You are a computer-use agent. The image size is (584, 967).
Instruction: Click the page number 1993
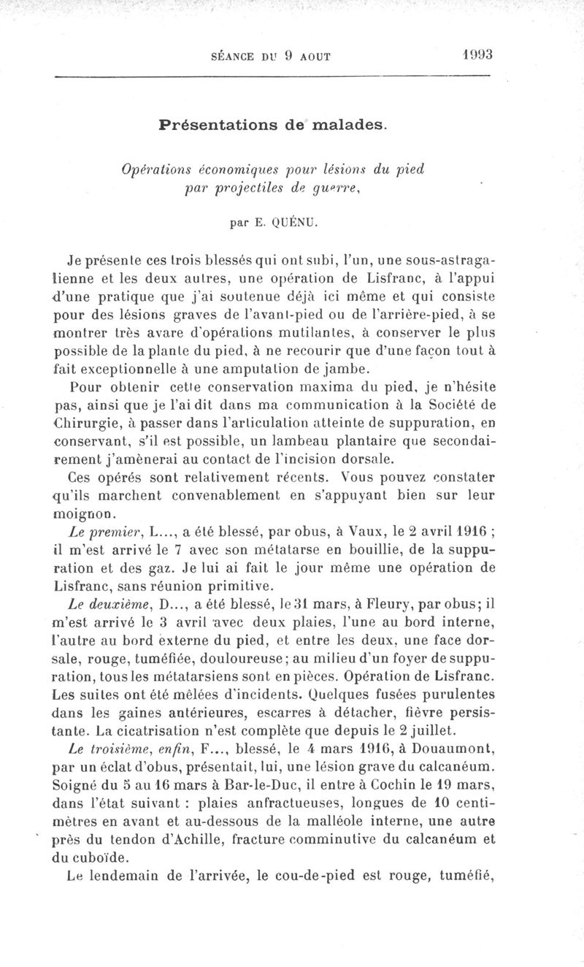[x=479, y=55]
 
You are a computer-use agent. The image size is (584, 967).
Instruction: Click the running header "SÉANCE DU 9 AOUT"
[x=269, y=56]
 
